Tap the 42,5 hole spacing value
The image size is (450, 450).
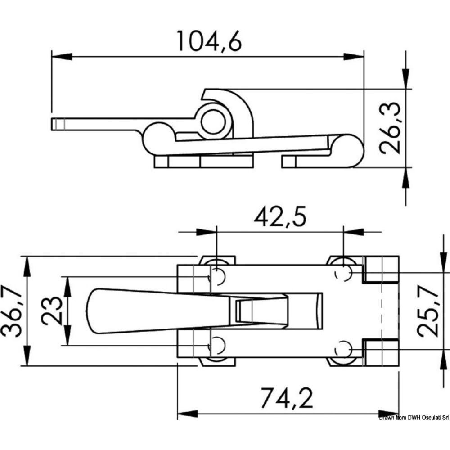pyautogui.click(x=279, y=217)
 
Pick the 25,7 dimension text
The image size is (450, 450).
pyautogui.click(x=428, y=310)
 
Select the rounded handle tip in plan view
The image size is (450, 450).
pyautogui.click(x=92, y=311)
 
